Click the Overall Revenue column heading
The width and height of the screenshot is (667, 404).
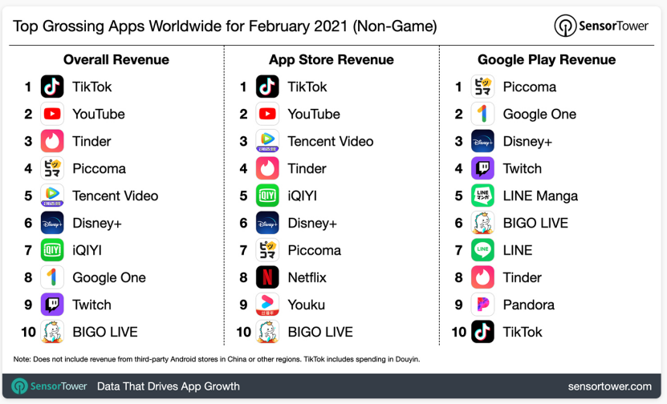tap(116, 59)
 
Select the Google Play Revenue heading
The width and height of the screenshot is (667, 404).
tap(547, 59)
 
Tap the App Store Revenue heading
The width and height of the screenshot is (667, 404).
tap(331, 59)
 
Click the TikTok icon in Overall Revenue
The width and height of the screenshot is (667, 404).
tap(52, 87)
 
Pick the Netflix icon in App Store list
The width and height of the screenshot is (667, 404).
tap(267, 277)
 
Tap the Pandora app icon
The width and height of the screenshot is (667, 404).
tap(482, 305)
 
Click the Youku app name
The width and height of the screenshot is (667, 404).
tap(306, 305)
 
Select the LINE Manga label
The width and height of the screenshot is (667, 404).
tap(540, 196)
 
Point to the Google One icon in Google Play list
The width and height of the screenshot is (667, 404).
tap(482, 114)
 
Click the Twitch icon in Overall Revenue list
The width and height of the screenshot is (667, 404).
tap(52, 305)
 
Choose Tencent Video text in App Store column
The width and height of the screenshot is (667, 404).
tap(330, 141)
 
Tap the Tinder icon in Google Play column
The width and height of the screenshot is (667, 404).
tap(482, 277)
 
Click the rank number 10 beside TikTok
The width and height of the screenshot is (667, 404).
tap(458, 332)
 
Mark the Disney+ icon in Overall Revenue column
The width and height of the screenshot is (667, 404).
tap(52, 223)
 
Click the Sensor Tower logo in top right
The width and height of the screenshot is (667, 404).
tap(602, 26)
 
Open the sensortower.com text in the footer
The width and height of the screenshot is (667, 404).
tap(610, 386)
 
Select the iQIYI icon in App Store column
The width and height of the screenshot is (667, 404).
tap(267, 196)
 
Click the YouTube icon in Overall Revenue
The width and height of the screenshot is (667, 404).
tap(52, 114)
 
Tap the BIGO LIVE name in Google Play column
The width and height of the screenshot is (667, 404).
tap(535, 223)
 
